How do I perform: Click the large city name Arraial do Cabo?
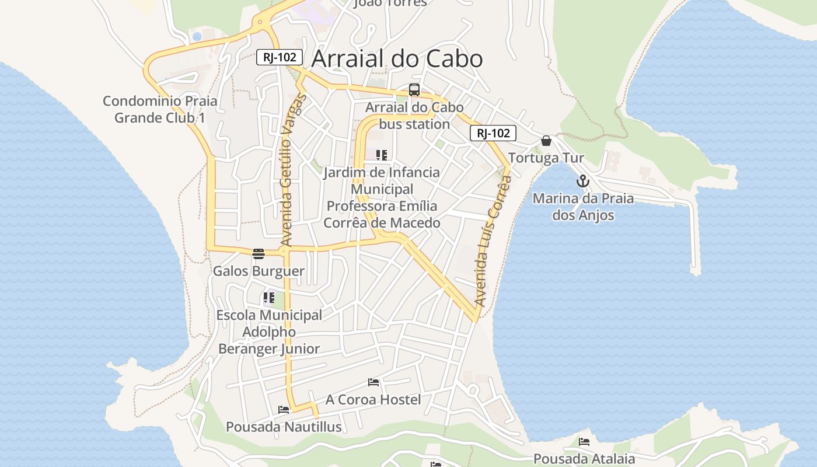click(x=397, y=59)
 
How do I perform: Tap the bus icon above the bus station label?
click(x=414, y=90)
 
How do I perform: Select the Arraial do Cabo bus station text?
click(x=414, y=116)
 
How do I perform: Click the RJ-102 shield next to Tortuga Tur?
click(x=493, y=133)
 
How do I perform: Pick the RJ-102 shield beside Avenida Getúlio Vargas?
click(x=280, y=57)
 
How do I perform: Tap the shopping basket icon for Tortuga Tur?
click(x=546, y=141)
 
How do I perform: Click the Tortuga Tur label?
click(x=546, y=158)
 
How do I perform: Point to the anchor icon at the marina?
click(x=582, y=182)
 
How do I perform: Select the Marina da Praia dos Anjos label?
click(x=583, y=207)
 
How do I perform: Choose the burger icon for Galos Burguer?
click(x=259, y=253)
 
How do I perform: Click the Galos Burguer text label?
click(x=259, y=271)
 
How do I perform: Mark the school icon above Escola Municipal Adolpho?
click(x=268, y=298)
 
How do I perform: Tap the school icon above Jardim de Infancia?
click(x=382, y=155)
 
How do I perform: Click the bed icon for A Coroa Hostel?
click(x=373, y=382)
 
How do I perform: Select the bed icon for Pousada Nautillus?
click(x=284, y=410)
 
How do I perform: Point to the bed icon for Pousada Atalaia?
click(x=584, y=442)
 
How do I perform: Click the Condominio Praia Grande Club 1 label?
click(x=160, y=109)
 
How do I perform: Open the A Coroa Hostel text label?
click(x=373, y=399)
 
